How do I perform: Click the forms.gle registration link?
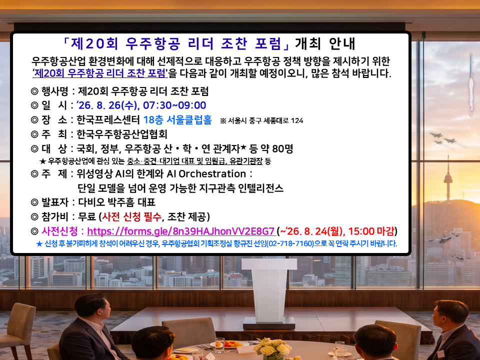pyautogui.click(x=180, y=231)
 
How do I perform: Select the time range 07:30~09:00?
pyautogui.click(x=174, y=105)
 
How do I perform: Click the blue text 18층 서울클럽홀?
pyautogui.click(x=177, y=119)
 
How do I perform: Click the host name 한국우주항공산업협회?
pyautogui.click(x=122, y=134)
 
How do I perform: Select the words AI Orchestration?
pyautogui.click(x=206, y=174)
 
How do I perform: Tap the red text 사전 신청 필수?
pyautogui.click(x=131, y=217)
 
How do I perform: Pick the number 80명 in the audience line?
pyautogui.click(x=282, y=149)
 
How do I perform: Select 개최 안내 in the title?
pyautogui.click(x=325, y=43)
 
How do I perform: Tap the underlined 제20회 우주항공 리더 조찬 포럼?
pyautogui.click(x=99, y=73)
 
